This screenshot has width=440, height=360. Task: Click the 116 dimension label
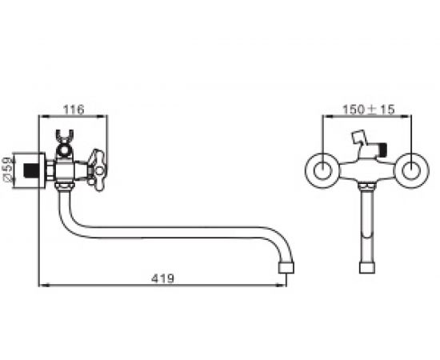click(x=74, y=110)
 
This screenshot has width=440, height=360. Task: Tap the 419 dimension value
click(x=162, y=278)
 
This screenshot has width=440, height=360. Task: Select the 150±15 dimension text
click(x=369, y=109)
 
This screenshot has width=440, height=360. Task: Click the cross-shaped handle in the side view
click(x=97, y=170)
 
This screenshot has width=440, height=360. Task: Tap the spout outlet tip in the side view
click(x=286, y=268)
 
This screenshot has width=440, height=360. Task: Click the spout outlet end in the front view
click(x=367, y=268)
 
